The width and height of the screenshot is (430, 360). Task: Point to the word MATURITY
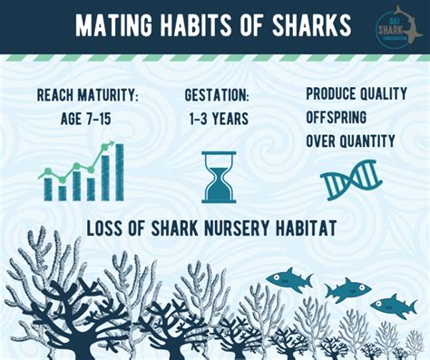(108, 95)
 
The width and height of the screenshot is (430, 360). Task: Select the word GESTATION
(218, 95)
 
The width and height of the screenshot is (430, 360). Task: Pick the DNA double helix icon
(348, 178)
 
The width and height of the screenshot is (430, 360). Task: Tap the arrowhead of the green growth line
(111, 144)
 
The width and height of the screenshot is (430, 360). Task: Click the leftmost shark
(288, 278)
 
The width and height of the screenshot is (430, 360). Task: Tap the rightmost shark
(393, 306)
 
